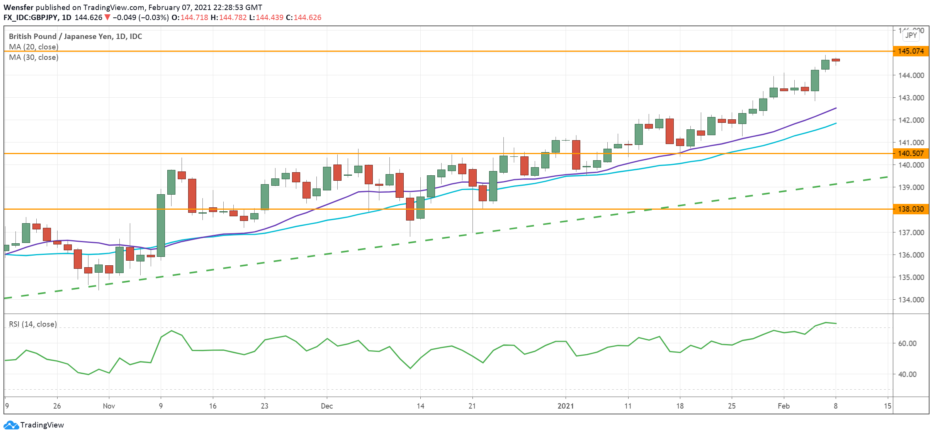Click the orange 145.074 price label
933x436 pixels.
[911, 51]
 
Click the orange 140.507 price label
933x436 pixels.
[911, 153]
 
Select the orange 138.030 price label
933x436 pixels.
[911, 209]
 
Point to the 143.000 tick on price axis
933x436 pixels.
[911, 98]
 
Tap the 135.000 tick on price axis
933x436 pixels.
[911, 277]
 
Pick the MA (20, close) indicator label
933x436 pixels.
[34, 47]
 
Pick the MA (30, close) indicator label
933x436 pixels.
[34, 57]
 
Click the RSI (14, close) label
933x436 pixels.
[33, 324]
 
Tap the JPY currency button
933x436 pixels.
[911, 35]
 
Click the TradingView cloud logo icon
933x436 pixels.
[11, 425]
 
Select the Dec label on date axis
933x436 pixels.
[327, 406]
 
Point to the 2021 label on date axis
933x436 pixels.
[566, 406]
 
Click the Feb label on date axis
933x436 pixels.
[783, 406]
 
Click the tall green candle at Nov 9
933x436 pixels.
[161, 225]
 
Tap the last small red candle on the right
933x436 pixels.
[836, 60]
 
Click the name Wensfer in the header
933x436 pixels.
[18, 7]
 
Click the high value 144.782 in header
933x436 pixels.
[233, 17]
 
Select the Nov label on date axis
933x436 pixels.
[109, 406]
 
